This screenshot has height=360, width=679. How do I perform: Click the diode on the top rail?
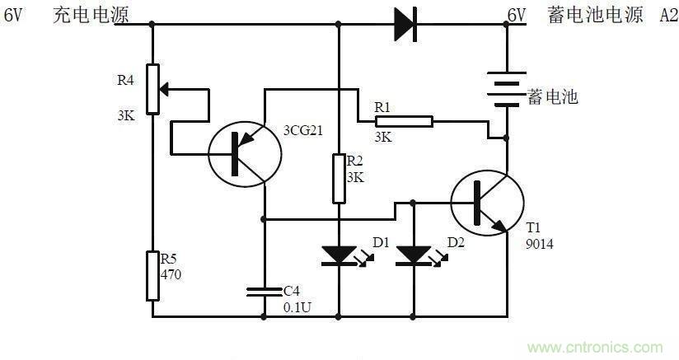pos(405,24)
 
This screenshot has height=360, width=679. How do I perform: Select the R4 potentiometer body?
pos(152,88)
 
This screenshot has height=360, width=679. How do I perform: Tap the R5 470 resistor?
pos(152,276)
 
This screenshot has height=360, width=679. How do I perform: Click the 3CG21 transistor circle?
pos(243,152)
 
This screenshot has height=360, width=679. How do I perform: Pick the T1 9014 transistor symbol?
pos(487,203)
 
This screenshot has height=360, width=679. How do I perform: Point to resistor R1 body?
pos(404,122)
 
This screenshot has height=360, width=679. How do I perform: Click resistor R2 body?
pos(339,178)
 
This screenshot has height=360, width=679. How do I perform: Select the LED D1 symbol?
pos(339,255)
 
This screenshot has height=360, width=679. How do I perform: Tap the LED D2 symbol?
pos(413,255)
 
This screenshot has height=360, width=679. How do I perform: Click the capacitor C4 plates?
pos(264,290)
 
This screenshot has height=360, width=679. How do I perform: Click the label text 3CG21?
pos(302,130)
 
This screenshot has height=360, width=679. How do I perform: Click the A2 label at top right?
pos(667,15)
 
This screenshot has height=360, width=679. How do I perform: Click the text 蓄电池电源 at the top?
pos(595,15)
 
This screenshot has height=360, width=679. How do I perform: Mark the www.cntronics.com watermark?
pos(597,347)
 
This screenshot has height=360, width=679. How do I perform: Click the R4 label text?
pos(125,81)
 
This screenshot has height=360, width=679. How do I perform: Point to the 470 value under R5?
pos(171,274)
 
